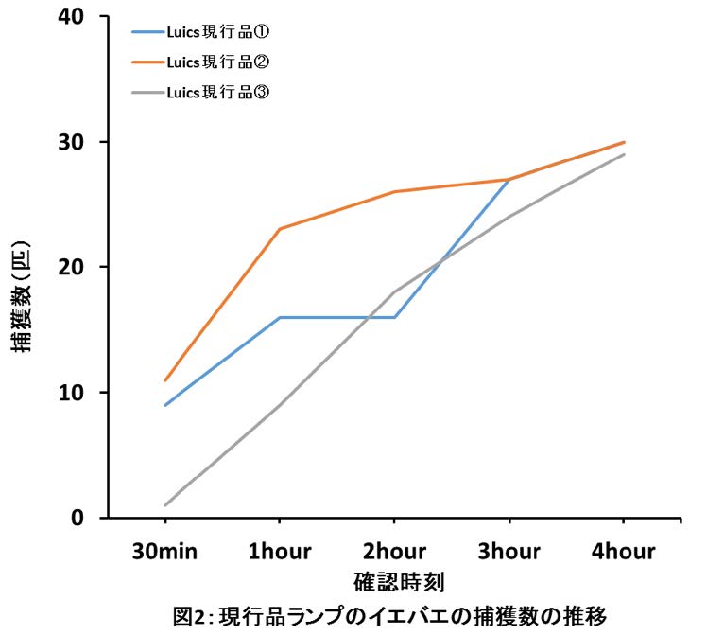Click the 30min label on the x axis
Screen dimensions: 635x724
click(x=165, y=551)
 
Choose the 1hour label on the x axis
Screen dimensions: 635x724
click(x=280, y=551)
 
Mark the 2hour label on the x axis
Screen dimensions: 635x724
click(x=394, y=551)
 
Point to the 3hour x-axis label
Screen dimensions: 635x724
click(x=509, y=551)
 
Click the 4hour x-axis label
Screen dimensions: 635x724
click(x=623, y=551)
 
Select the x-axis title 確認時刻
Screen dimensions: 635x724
click(x=393, y=580)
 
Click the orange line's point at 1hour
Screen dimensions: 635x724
click(x=280, y=229)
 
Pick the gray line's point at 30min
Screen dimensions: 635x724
click(x=165, y=505)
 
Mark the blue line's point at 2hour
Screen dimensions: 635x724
click(x=394, y=317)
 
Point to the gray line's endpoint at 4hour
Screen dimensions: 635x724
click(x=624, y=154)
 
